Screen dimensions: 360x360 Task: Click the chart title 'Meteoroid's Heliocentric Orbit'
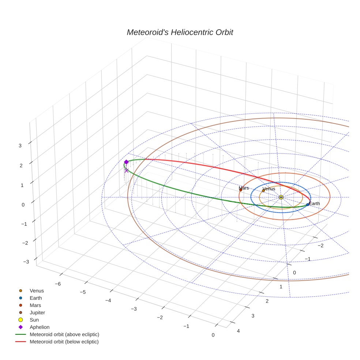tap(180, 32)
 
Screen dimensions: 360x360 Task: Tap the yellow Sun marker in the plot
tap(281, 197)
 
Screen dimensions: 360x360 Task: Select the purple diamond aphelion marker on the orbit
tap(126, 162)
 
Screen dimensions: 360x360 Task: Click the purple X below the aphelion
tap(127, 170)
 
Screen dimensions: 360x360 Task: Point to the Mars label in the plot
tap(244, 188)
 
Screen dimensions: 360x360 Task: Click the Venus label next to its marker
tap(269, 189)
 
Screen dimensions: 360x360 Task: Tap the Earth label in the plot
tap(314, 203)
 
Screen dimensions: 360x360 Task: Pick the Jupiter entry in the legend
tap(37, 312)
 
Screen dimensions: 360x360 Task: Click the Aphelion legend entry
tap(40, 327)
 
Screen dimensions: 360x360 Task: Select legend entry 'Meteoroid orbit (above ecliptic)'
tap(64, 334)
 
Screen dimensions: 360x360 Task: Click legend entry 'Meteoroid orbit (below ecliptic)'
tap(64, 342)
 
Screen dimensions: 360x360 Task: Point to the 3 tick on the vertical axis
tap(20, 145)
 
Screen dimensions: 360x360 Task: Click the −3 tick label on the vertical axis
tap(26, 262)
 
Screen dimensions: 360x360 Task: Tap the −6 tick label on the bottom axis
tap(57, 284)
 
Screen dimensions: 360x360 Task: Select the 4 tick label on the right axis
tap(239, 331)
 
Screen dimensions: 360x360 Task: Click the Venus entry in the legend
tap(37, 291)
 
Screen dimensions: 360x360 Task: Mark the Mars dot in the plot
tap(240, 190)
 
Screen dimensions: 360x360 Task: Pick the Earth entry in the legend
tap(36, 298)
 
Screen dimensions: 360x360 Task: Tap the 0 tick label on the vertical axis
tap(23, 205)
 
